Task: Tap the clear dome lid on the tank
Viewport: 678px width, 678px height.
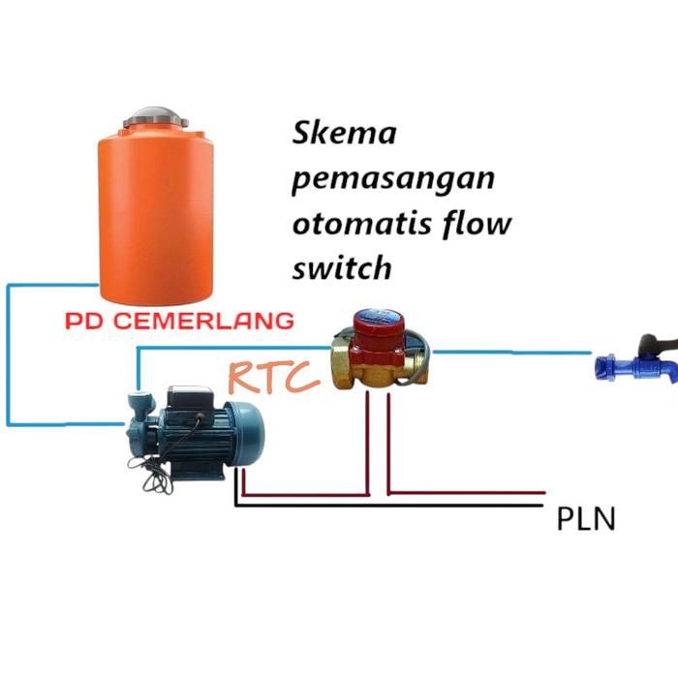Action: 155,113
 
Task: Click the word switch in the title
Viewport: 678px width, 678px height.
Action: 341,267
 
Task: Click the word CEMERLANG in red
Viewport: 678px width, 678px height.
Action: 204,321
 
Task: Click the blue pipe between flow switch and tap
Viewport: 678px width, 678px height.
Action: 513,352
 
